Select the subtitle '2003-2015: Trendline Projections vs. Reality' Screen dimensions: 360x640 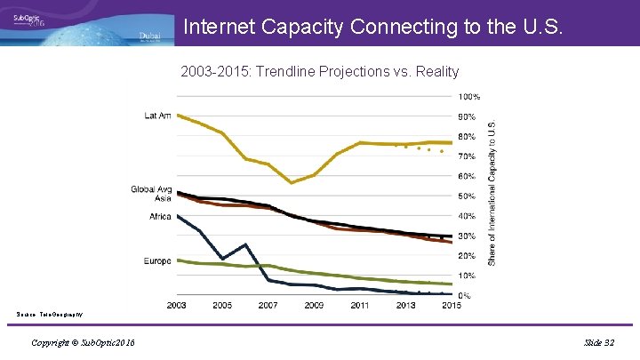[319, 70]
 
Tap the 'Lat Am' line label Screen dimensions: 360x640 [158, 115]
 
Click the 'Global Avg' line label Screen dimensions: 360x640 [151, 188]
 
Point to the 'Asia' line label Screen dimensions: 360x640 [163, 198]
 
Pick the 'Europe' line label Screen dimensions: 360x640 [157, 260]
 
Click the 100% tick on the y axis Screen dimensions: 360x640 [469, 96]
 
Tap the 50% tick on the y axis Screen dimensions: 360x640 [468, 196]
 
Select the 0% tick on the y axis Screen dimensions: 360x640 [465, 295]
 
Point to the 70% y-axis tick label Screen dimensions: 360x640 [468, 156]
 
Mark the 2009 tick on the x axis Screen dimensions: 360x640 [314, 306]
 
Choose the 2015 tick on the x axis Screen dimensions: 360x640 [452, 306]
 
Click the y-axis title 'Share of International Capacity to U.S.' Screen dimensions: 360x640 [493, 193]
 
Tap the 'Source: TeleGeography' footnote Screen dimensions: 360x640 [50, 314]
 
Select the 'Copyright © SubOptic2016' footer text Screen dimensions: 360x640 [83, 342]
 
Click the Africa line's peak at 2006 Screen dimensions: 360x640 [244, 244]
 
